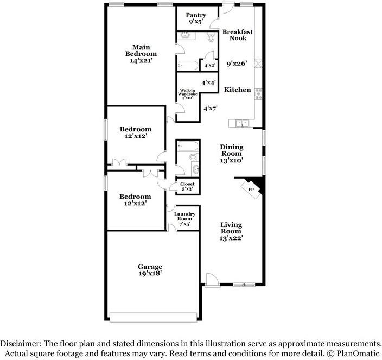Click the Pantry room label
[196, 15]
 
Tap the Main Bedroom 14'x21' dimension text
[141, 60]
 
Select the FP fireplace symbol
[251, 190]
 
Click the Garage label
[150, 267]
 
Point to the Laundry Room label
[184, 216]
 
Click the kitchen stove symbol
[258, 94]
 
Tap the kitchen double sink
[243, 123]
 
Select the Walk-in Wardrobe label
[187, 92]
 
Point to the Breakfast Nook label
[238, 35]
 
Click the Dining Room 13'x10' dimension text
[232, 160]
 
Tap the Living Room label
[231, 228]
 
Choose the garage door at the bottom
[153, 317]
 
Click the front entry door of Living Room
[212, 280]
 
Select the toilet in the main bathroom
[211, 37]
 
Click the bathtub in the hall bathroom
[188, 147]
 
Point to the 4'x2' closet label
[209, 65]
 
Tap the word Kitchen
[237, 90]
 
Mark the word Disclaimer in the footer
[21, 344]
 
